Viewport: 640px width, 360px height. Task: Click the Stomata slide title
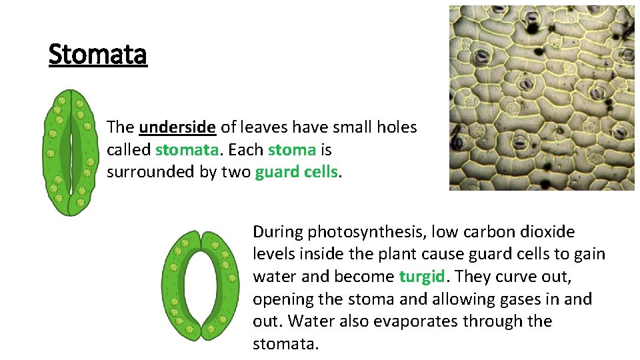click(x=97, y=55)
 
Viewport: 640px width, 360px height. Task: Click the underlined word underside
click(x=177, y=127)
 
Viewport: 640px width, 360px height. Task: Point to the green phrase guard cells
click(x=297, y=172)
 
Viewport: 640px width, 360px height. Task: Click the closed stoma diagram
click(x=69, y=152)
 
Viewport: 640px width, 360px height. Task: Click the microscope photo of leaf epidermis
click(x=541, y=98)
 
